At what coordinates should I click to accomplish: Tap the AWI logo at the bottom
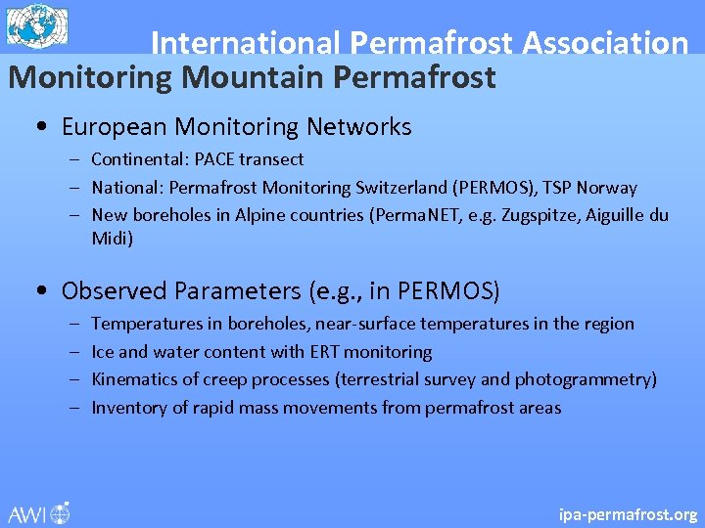point(39,512)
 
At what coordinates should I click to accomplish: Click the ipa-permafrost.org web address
point(628,513)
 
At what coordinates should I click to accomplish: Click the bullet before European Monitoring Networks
point(38,128)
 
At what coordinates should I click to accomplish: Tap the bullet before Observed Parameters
point(38,291)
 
